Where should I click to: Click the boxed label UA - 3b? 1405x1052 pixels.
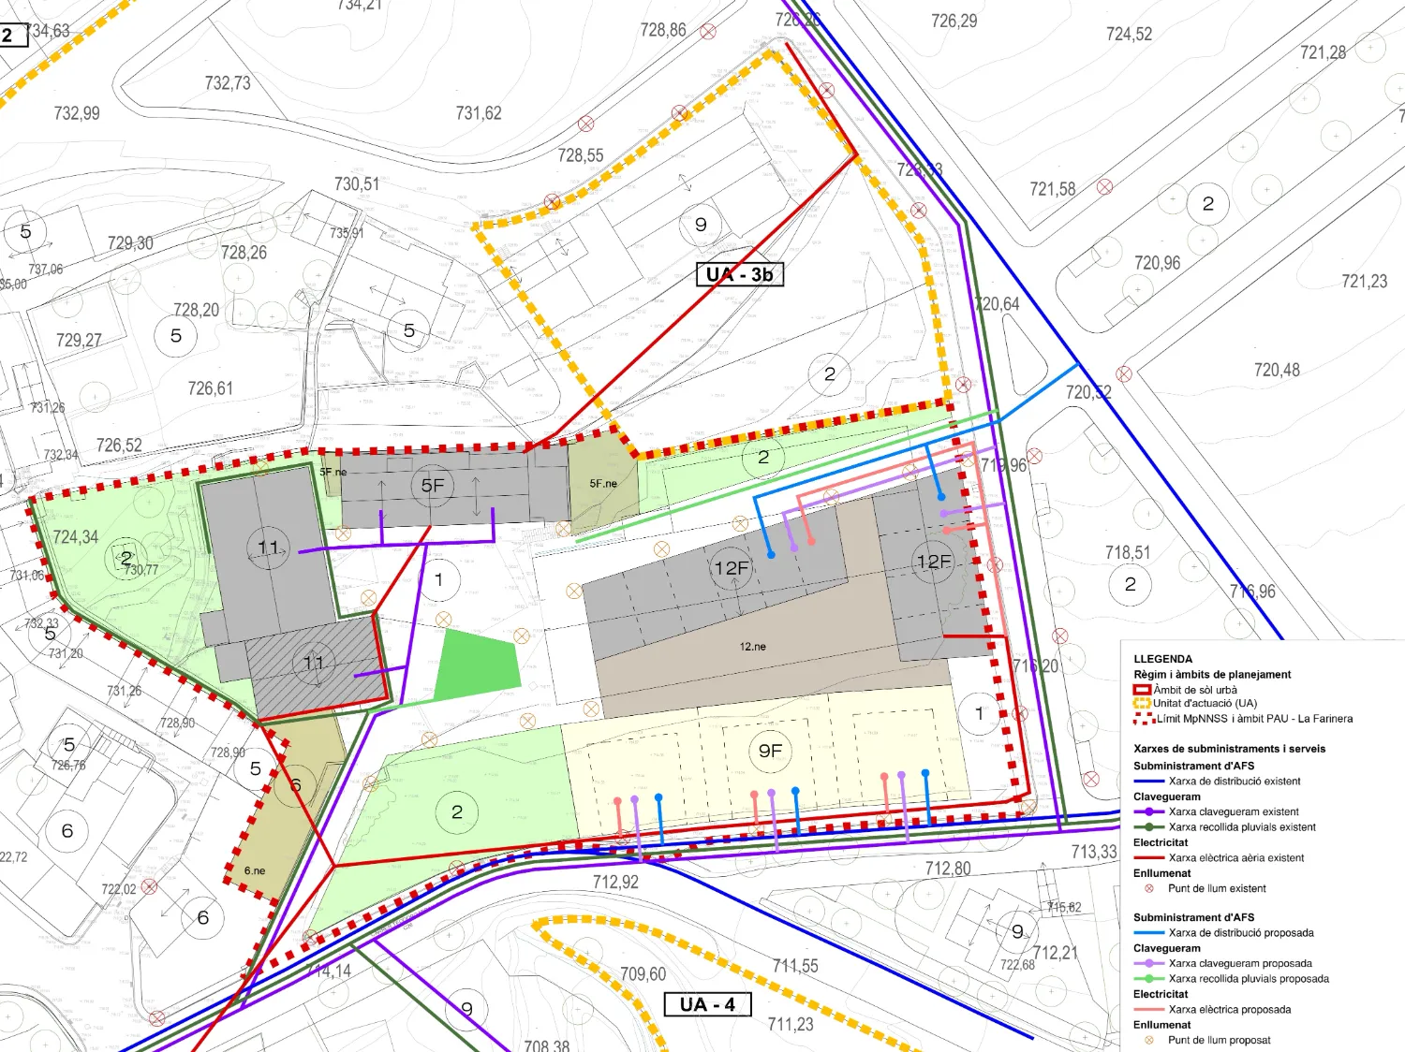coord(739,274)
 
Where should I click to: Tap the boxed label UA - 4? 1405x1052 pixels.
coord(707,1004)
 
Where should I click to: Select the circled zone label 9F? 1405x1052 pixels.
coord(770,751)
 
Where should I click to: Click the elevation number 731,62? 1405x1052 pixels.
coord(479,113)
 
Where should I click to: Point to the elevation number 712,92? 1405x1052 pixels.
coord(615,882)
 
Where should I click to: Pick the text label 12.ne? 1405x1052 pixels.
coord(752,647)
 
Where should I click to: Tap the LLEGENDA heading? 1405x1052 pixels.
coord(1162,659)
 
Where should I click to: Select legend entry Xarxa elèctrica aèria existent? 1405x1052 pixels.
coord(1235,857)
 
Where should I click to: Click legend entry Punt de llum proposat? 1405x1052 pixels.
coord(1219,1040)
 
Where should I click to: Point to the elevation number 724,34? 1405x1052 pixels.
coord(75,537)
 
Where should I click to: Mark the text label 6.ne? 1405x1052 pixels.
coord(255,870)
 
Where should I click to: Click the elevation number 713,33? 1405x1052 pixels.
coord(1094,852)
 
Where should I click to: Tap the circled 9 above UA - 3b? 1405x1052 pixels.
coord(701,225)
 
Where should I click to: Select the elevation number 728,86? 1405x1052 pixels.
coord(663,30)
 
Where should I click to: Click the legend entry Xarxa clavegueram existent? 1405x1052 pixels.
coord(1233,811)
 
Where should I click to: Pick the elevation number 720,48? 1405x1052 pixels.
coord(1277,371)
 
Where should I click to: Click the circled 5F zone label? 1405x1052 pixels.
coord(432,485)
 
